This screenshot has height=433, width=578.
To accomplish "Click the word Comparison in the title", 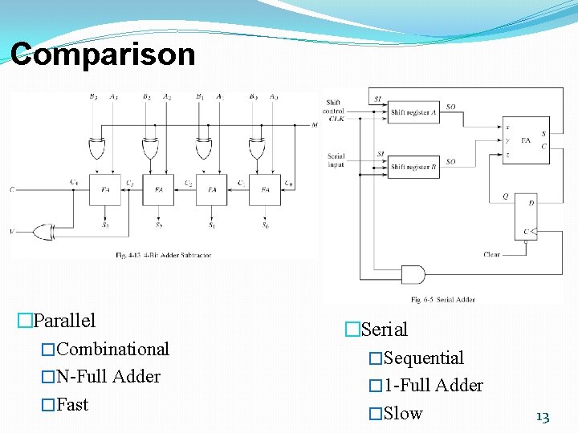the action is (103, 55).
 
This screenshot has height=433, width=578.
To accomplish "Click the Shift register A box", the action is (414, 113).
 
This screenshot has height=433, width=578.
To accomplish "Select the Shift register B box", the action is (414, 167).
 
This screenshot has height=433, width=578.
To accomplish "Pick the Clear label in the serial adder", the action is (491, 254).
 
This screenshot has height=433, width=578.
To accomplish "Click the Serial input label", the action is (336, 160).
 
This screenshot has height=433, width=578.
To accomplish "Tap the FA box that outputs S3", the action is (105, 190).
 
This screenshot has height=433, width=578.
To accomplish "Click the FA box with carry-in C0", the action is (265, 190).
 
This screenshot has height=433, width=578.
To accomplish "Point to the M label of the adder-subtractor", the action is (315, 125).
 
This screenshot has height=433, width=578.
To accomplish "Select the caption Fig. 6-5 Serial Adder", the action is (443, 300).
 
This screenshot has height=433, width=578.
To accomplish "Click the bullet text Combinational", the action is (113, 350).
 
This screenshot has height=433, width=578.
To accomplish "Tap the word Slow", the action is (403, 414).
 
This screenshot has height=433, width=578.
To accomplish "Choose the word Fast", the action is (72, 405).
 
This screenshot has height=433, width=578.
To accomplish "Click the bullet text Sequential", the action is (424, 358).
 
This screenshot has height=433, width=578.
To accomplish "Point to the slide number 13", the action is (543, 417).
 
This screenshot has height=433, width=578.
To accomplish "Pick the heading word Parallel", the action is (65, 321).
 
